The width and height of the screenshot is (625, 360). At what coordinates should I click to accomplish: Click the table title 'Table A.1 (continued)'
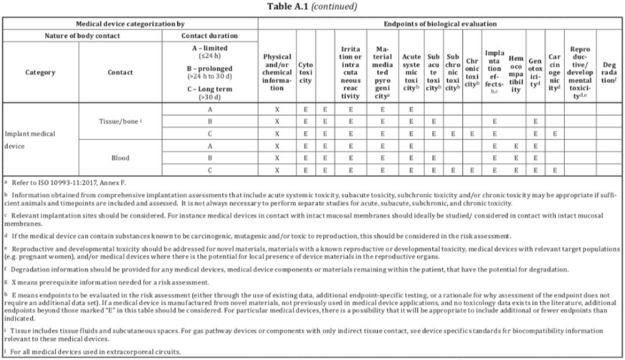312,7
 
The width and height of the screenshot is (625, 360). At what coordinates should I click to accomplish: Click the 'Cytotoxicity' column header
306,72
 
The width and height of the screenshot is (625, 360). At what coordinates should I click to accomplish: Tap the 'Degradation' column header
608,72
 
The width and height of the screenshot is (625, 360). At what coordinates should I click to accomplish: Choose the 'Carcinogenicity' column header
554,72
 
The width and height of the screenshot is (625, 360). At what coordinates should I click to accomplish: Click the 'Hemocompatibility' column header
516,72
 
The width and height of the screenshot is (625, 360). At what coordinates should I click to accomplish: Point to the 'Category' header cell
41,72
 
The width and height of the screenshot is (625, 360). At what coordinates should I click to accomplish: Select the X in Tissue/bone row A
277,108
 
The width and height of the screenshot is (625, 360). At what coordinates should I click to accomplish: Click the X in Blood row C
277,171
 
